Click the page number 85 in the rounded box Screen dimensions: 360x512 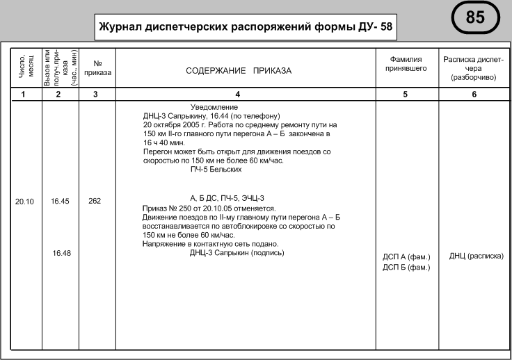(x=475, y=17)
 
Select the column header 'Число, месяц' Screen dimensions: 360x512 (x=23, y=67)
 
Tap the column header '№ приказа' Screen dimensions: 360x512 (x=95, y=67)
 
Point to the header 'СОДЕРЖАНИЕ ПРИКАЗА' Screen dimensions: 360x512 (x=239, y=71)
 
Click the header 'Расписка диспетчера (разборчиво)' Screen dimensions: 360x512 (x=473, y=68)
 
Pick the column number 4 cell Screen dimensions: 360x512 (x=239, y=94)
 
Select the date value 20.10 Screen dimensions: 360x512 (x=24, y=202)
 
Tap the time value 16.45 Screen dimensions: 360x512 (x=61, y=202)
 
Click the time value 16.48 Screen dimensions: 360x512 (x=62, y=252)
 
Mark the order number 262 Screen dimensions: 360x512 (x=95, y=202)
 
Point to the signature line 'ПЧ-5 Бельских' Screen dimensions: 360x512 (x=216, y=169)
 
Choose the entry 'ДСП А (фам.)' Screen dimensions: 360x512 (x=407, y=258)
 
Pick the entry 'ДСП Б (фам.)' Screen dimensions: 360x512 (x=407, y=268)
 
